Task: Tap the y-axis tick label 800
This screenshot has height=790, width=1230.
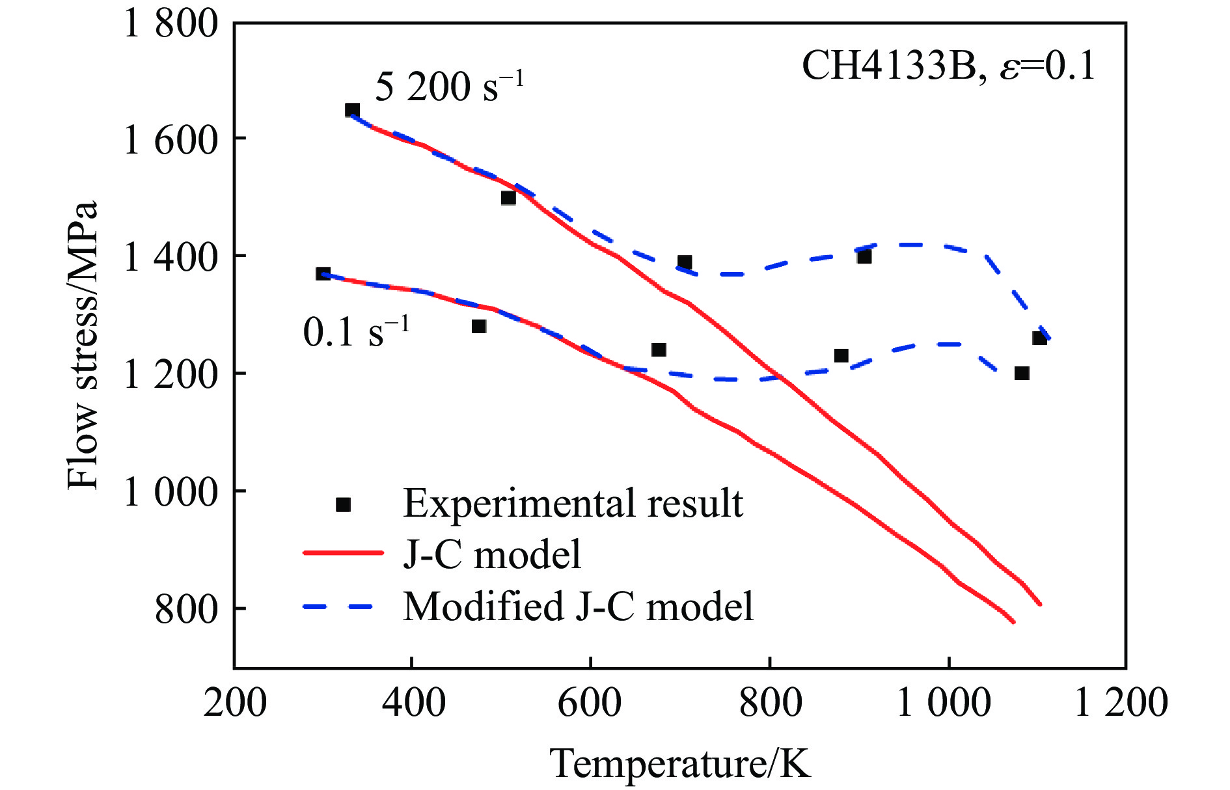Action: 185,609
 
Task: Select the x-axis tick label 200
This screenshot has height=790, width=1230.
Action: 235,703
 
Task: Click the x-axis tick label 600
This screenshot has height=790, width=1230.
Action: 590,703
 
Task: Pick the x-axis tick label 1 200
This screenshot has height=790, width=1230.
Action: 1121,703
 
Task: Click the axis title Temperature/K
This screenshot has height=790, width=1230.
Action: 680,763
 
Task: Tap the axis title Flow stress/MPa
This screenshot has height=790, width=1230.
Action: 83,345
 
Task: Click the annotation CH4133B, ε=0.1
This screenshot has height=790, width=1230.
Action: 949,66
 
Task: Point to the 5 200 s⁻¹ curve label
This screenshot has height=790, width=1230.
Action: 449,86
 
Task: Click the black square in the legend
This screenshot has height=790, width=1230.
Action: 343,504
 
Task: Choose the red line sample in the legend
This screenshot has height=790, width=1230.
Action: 343,553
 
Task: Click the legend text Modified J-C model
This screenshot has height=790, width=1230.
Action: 578,606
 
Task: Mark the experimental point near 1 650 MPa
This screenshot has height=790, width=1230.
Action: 352,110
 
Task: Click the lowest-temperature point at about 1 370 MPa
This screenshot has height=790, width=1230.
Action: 323,274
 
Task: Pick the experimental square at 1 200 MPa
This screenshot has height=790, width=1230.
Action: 1022,374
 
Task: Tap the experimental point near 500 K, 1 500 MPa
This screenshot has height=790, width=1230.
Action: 508,198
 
